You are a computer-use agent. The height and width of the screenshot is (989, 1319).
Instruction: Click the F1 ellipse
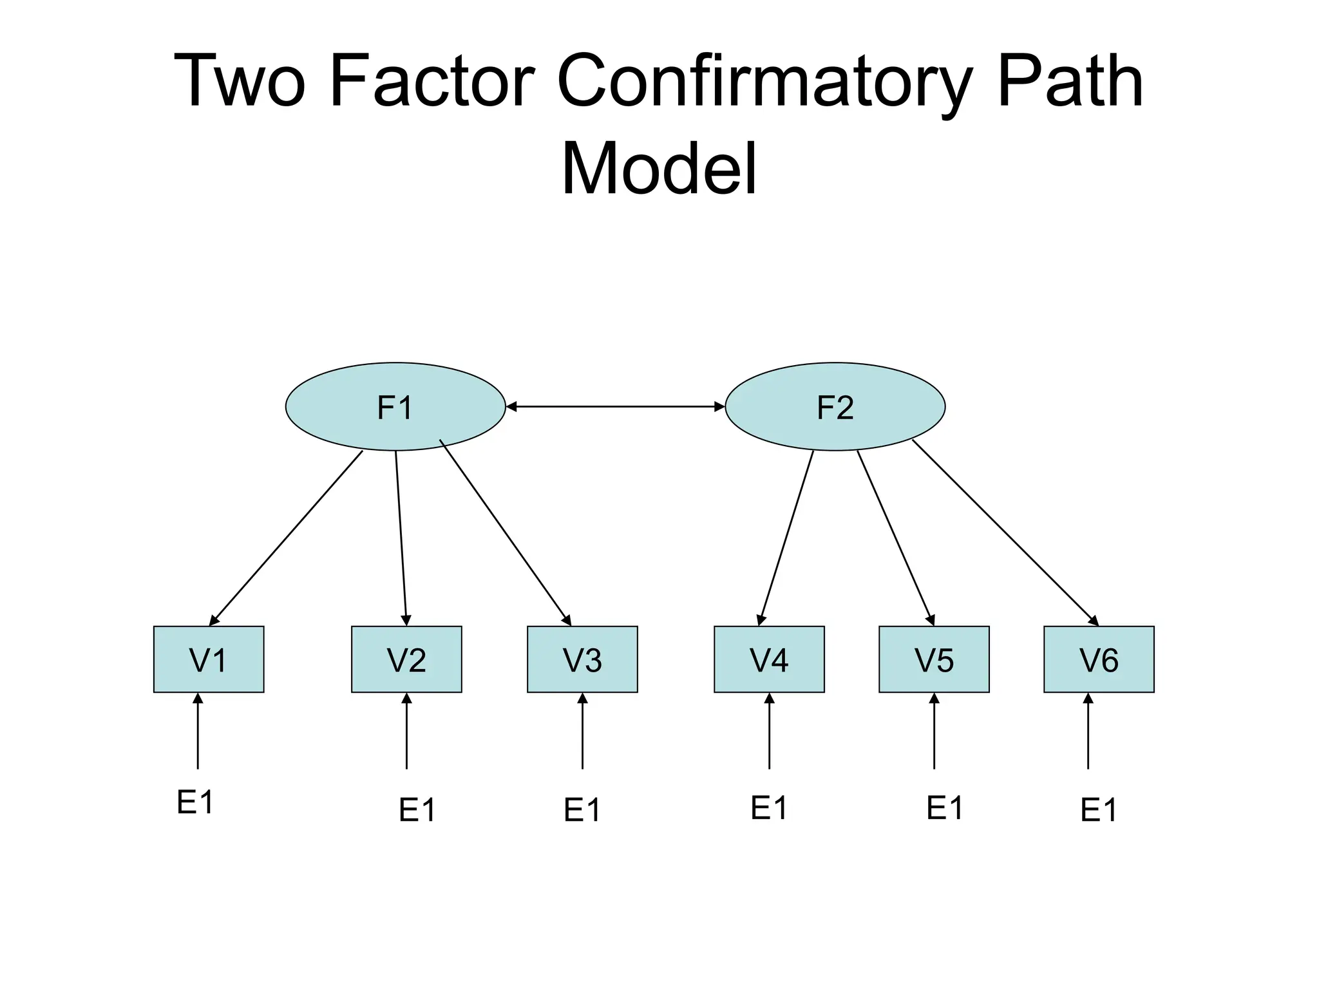(395, 407)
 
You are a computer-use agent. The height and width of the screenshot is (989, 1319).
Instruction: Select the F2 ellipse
(835, 407)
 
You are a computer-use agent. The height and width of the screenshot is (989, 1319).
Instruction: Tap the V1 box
(209, 659)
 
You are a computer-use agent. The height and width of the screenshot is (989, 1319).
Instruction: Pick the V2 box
(406, 659)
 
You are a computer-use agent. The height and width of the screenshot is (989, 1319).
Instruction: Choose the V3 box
(582, 659)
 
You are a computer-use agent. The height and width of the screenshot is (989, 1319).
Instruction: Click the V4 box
(769, 659)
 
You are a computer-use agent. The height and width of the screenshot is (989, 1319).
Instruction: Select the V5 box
(934, 659)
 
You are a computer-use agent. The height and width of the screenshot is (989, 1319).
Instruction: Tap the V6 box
(1099, 659)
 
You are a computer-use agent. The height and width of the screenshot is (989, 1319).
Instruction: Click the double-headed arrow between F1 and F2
(615, 406)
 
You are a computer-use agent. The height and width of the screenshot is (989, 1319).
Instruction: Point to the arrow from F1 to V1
(287, 538)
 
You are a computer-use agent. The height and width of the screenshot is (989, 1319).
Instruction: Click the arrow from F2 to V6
(1005, 532)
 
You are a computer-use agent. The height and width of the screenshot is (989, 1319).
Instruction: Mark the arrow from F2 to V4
(787, 538)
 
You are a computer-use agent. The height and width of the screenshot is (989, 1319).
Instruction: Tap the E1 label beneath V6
(1099, 810)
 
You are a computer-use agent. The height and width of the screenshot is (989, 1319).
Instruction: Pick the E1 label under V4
(769, 808)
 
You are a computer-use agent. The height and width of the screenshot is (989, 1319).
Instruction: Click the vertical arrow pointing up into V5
(934, 731)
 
